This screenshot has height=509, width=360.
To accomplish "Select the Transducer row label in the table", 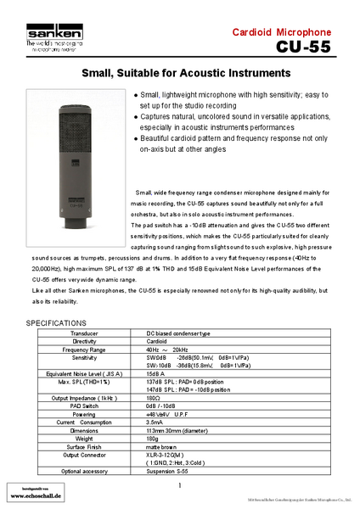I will coord(85,333).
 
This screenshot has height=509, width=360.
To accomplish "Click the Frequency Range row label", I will coord(84,349).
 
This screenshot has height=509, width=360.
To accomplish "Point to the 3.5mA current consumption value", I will coord(155,422).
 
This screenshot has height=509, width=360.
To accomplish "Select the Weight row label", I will coord(84,438).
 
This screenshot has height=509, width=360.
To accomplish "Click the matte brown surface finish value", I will coord(163,445).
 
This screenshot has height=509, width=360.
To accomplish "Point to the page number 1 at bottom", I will coord(180,484).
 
